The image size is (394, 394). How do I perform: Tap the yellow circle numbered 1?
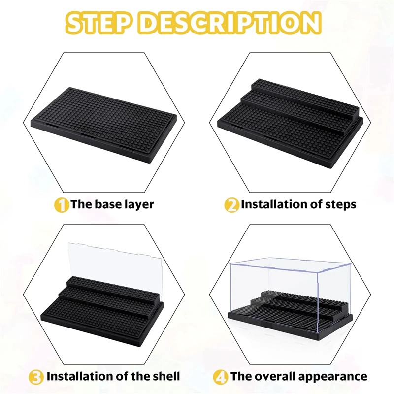(61, 205)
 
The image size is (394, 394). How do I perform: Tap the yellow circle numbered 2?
(231, 205)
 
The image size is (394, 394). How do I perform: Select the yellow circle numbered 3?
(36, 377)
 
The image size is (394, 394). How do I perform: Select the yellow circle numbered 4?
(220, 377)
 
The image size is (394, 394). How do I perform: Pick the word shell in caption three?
(166, 376)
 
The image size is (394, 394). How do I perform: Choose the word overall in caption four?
(276, 376)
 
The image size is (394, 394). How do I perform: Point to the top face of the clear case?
(289, 265)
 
